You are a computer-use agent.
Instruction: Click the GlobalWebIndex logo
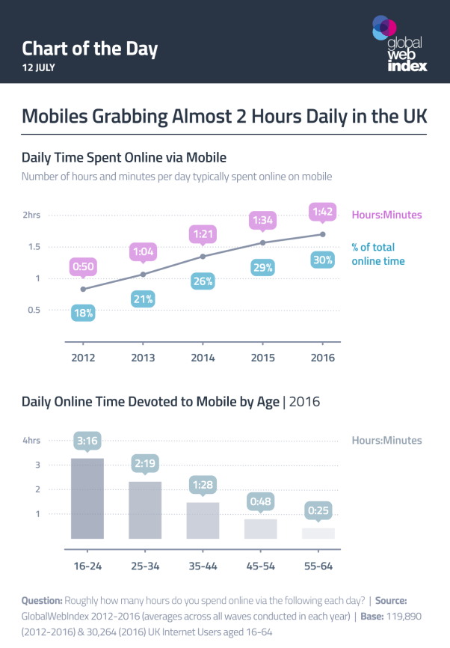[400, 44]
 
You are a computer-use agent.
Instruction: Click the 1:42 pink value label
[323, 213]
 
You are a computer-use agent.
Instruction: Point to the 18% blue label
[83, 314]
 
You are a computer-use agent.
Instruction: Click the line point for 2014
[203, 257]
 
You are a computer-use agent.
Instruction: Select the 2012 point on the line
[83, 289]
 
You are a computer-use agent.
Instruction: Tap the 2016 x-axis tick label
[323, 358]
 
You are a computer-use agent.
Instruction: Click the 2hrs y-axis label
[31, 216]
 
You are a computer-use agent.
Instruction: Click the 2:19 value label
[146, 464]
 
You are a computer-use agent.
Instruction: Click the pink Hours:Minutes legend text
[386, 216]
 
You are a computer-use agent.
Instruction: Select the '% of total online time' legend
[377, 254]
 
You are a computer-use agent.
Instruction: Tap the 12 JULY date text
[38, 67]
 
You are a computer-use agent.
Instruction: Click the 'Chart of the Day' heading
[90, 49]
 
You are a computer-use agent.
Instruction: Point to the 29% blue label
[263, 267]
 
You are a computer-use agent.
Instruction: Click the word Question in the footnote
[42, 600]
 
